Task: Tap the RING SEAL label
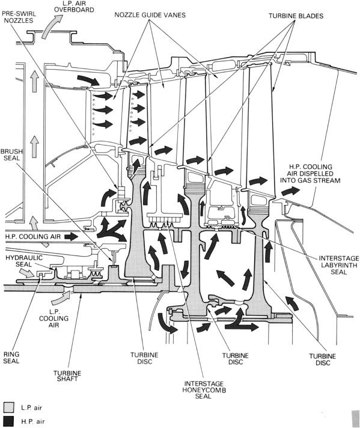pos(11,357)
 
